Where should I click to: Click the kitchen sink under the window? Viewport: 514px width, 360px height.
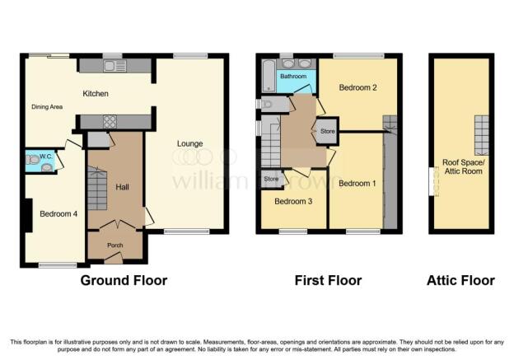pos(114,66)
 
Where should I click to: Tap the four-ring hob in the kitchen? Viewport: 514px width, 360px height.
pos(110,122)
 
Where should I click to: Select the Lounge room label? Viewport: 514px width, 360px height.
pos(189,143)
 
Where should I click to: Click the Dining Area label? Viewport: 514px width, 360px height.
pos(47,107)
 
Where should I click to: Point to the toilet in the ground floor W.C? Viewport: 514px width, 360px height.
pos(32,160)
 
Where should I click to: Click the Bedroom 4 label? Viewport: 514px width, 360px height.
pos(58,214)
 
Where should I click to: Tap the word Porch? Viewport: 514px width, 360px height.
pos(115,245)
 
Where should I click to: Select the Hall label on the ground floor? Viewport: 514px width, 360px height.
pos(122,187)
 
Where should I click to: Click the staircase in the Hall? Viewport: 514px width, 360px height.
pos(97,188)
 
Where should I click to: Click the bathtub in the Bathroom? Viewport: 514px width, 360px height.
pos(269,76)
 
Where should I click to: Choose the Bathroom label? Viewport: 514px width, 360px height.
pos(293,76)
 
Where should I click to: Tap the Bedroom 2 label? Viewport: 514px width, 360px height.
pos(358,87)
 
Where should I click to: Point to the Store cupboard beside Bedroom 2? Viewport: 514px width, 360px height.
pos(327,131)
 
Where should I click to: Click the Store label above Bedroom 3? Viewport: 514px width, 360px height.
pos(271,179)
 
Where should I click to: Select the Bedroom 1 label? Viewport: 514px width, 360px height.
pos(357,183)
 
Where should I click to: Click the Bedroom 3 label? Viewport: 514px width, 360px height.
pos(293,201)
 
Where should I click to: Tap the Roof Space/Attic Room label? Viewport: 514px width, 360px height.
pos(464,166)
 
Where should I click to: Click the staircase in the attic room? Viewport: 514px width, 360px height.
pos(481,135)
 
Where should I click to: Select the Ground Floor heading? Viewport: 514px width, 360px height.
pos(124,281)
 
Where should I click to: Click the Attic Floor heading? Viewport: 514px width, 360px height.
pos(461,281)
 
